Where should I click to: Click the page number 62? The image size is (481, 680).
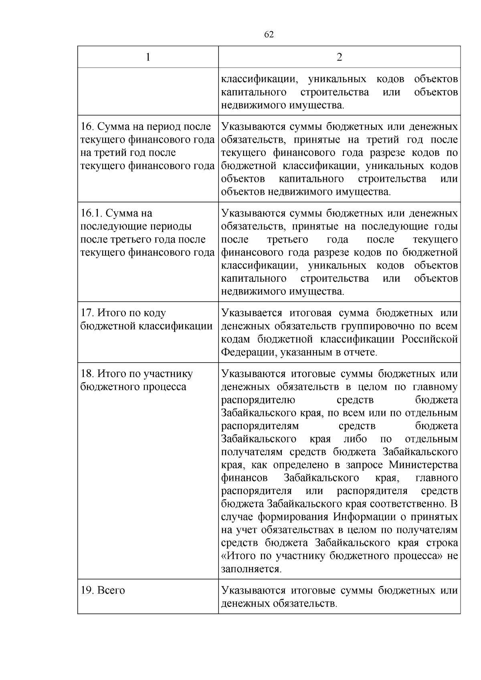coord(269,35)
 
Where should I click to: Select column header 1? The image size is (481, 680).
coord(148,57)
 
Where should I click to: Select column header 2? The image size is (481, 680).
coord(339,57)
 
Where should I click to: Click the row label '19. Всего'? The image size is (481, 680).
coord(103,591)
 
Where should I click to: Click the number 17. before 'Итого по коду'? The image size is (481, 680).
coord(88,313)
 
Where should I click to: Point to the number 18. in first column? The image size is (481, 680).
coord(88,374)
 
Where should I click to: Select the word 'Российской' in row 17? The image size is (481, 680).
coord(430,339)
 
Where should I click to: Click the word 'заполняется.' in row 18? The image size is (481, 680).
coord(251,569)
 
